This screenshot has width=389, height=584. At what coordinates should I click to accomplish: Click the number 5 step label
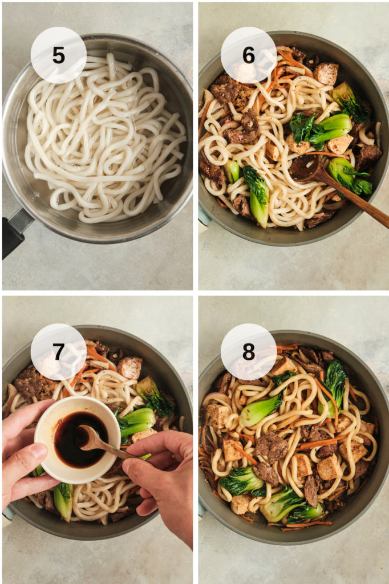coord(59,55)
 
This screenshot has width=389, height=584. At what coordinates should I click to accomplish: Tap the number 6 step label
coord(249,55)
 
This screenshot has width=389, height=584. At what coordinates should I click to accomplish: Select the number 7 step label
coord(59,351)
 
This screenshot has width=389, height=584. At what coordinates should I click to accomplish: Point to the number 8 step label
coord(249,351)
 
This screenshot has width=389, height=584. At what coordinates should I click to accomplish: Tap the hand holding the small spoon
coord(164,480)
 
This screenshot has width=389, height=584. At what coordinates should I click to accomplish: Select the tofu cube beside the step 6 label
coord(326,74)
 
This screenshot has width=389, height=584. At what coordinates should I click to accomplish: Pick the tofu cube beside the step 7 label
coord(129,368)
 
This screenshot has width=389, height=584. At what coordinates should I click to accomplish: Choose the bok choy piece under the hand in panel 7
coord(63,501)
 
